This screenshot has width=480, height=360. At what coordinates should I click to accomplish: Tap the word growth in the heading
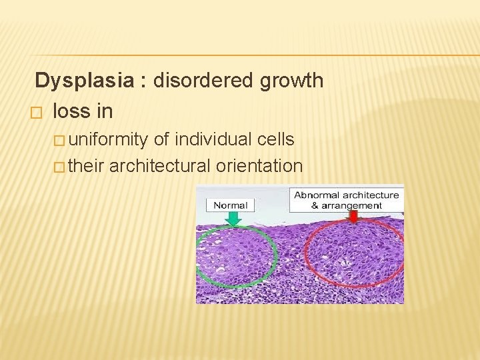click(x=292, y=81)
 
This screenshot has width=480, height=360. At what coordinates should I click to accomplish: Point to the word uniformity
click(x=109, y=139)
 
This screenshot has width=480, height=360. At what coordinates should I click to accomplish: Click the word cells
click(x=275, y=139)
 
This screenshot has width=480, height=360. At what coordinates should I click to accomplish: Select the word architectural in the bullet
click(x=160, y=165)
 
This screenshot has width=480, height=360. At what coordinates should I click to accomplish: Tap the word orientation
click(x=259, y=165)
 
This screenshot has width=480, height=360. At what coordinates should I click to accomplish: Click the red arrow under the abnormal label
click(x=353, y=217)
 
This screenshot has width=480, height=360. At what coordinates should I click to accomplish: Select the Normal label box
click(x=231, y=205)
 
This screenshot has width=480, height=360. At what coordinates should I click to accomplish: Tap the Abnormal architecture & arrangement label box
click(x=347, y=200)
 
